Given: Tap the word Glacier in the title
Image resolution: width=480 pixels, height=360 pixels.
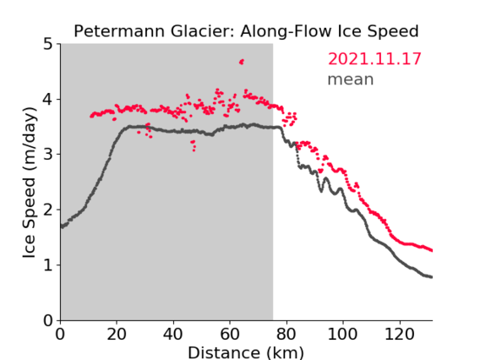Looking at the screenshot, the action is (201, 31).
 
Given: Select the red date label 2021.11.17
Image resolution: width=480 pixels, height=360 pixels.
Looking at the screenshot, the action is (374, 59).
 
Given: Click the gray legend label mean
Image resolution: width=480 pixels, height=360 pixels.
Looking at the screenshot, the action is (351, 79).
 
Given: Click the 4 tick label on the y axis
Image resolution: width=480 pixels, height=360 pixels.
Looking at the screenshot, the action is (48, 100).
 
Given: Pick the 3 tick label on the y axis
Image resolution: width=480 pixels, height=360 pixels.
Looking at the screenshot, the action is (48, 155).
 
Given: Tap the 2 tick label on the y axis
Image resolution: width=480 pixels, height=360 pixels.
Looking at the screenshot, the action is (48, 210).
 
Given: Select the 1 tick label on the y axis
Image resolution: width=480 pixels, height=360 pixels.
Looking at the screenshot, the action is (48, 265).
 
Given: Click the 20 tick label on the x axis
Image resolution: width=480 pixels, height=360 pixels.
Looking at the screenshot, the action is (117, 334).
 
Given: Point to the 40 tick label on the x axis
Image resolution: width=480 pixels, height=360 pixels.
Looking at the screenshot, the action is (173, 334).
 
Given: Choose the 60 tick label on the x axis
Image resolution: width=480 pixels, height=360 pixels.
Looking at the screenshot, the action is (230, 334).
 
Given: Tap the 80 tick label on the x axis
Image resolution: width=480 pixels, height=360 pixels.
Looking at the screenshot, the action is (286, 334).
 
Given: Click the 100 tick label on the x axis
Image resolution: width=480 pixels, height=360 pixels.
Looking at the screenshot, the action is (342, 334).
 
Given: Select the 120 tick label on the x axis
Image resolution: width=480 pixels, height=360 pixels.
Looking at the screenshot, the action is (399, 334).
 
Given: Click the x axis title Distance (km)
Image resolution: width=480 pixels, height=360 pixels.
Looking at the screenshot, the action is (246, 352).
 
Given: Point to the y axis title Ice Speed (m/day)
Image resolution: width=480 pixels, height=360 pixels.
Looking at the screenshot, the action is (30, 183).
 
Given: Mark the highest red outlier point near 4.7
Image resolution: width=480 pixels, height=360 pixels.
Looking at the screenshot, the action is (242, 62).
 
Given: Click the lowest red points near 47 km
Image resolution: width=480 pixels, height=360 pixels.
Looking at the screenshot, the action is (194, 150).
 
